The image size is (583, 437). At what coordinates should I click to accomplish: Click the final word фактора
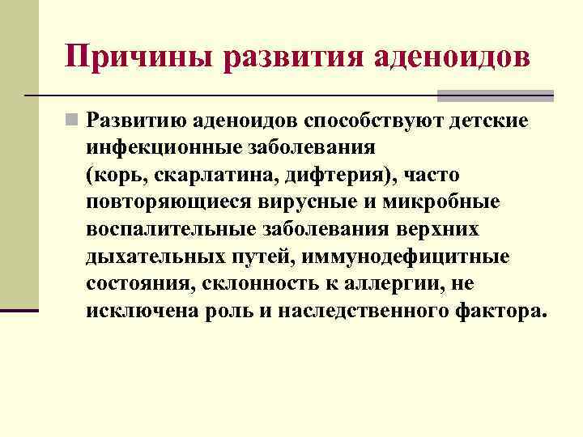[504, 312]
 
